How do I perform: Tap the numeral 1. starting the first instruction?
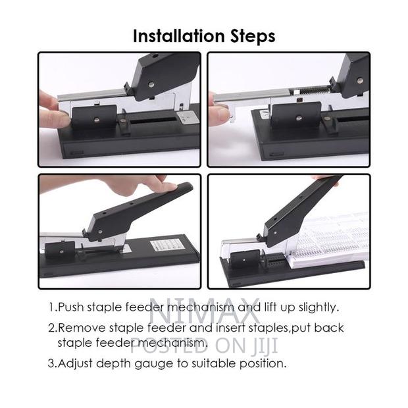(52, 307)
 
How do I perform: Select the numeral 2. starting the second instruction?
(52, 328)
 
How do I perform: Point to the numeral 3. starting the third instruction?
(52, 363)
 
